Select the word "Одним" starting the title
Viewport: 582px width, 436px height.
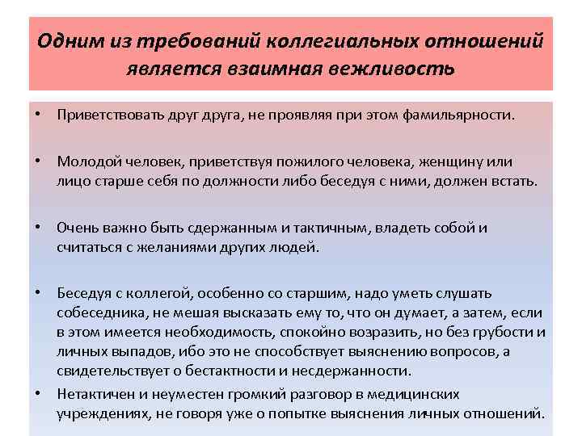(x=65, y=40)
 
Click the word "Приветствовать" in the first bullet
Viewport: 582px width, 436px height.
(x=103, y=115)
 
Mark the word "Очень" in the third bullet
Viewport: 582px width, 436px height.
(x=77, y=228)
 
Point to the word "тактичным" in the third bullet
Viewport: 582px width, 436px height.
(x=329, y=228)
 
